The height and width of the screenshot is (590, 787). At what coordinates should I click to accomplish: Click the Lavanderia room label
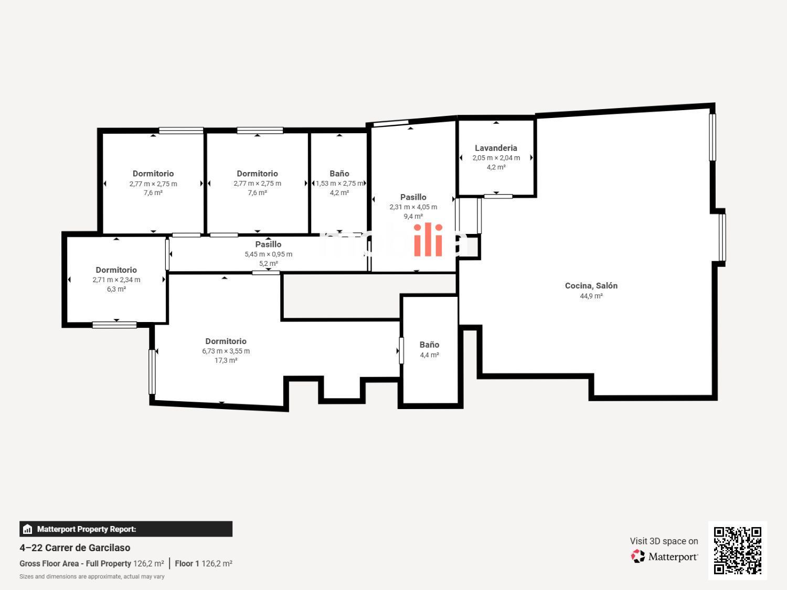(x=496, y=148)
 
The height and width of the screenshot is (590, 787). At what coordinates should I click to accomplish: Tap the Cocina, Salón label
(x=591, y=286)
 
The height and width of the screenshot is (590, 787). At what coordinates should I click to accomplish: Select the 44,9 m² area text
(x=591, y=296)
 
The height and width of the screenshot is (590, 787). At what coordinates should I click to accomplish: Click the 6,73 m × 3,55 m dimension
(x=226, y=351)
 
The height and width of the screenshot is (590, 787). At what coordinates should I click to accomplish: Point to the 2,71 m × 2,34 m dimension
(x=116, y=280)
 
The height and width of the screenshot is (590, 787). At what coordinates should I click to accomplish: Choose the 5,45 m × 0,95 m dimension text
(x=268, y=254)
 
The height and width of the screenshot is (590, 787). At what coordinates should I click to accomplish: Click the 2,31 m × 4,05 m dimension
(x=413, y=207)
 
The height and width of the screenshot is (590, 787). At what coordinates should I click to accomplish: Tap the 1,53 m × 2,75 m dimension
(x=339, y=184)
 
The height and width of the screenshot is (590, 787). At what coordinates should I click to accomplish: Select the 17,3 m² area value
(x=226, y=360)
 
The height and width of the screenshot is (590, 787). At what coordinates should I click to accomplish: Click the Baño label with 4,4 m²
(x=429, y=345)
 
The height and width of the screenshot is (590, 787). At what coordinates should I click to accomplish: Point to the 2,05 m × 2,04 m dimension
(x=496, y=158)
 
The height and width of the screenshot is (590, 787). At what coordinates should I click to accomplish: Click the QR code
(x=738, y=551)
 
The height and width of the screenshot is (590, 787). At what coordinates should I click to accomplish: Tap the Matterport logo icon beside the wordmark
(x=637, y=556)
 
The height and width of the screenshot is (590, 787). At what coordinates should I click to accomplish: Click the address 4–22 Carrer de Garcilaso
(x=75, y=548)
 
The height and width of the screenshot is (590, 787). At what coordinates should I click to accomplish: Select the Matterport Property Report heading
(x=87, y=529)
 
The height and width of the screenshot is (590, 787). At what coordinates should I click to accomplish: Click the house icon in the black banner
(x=27, y=529)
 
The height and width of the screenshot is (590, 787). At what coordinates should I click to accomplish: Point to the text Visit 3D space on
(x=664, y=541)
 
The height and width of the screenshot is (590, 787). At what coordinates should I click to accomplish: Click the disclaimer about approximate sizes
(x=92, y=577)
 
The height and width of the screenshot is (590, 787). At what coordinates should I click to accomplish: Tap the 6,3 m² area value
(x=116, y=289)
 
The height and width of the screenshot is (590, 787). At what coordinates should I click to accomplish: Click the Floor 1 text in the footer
(x=187, y=563)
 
